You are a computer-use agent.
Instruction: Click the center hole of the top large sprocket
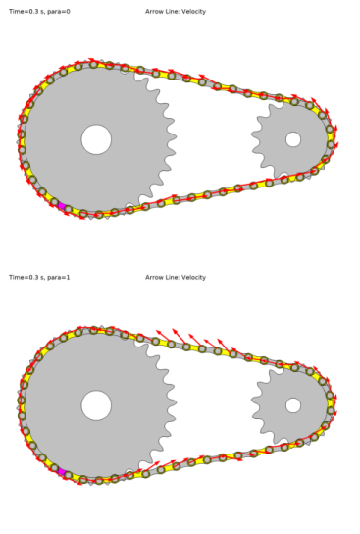click(96, 139)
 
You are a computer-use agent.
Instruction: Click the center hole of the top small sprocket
click(293, 139)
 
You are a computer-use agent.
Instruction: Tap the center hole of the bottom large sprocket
click(96, 404)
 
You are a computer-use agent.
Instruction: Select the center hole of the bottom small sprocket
click(293, 404)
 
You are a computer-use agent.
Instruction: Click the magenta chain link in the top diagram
click(62, 205)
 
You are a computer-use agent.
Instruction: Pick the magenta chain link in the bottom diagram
click(63, 471)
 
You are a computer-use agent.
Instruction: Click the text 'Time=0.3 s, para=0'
click(39, 12)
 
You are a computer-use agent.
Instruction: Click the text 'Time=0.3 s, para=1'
click(39, 278)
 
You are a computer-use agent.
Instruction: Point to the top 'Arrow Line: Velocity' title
click(176, 12)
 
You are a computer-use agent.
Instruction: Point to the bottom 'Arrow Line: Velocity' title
click(176, 278)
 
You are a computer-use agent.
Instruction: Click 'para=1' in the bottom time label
click(59, 278)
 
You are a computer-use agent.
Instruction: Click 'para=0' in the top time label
click(59, 12)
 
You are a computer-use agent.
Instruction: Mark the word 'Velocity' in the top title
click(193, 12)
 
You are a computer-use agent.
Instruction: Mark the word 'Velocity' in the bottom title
click(193, 278)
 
